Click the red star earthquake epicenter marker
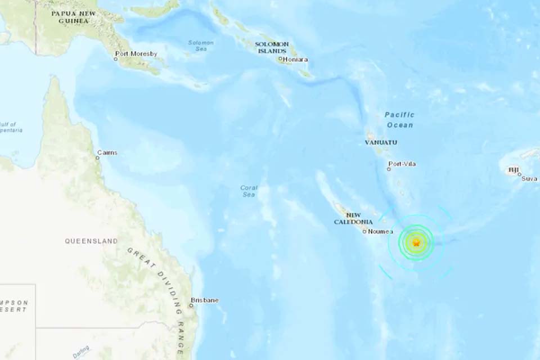click(416, 243)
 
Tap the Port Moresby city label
click(137, 54)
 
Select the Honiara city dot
click(280, 58)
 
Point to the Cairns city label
click(107, 152)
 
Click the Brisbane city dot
click(191, 305)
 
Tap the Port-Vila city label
click(403, 164)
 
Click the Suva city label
click(529, 178)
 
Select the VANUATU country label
click(381, 142)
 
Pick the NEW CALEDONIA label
click(353, 218)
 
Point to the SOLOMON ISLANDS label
click(272, 47)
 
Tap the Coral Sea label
click(249, 191)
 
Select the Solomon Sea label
click(201, 46)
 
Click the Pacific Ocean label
click(399, 120)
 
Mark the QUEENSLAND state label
click(91, 241)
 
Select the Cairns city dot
click(97, 158)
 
